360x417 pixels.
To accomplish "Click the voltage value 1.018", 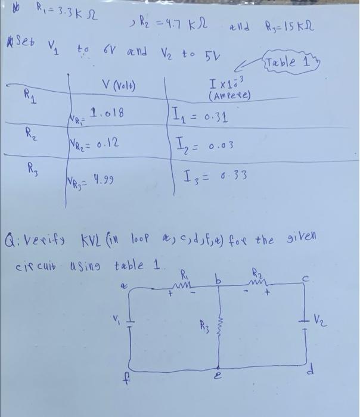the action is coord(106,111).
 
